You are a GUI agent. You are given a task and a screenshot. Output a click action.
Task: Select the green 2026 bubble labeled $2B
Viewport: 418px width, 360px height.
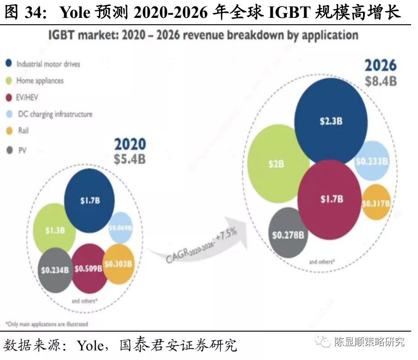[278, 164]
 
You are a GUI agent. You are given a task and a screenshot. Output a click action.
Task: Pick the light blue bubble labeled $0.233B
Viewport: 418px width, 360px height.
[372, 161]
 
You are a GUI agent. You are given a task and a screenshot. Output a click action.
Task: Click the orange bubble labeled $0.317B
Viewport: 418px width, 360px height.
[376, 203]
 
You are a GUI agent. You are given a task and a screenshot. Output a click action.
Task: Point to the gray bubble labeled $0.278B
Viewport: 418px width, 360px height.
[288, 235]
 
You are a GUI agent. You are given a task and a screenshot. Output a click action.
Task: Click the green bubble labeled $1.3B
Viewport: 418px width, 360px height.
[54, 230]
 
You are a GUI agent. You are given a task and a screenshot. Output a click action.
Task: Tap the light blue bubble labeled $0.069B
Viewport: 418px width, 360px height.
[121, 228]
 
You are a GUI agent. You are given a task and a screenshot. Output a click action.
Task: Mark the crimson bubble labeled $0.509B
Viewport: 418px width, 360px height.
[88, 268]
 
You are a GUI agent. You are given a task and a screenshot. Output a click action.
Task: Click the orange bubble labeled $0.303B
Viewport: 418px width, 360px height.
[118, 264]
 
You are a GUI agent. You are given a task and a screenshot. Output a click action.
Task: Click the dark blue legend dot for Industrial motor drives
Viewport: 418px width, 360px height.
[9, 64]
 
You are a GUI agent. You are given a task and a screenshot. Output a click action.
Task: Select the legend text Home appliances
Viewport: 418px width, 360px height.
[40, 81]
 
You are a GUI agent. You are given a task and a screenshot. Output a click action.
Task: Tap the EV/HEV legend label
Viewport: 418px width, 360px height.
[28, 97]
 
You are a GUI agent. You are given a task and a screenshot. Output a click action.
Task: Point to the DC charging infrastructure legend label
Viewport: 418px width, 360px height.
[55, 114]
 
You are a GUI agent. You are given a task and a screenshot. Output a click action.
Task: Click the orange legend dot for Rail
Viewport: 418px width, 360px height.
[9, 131]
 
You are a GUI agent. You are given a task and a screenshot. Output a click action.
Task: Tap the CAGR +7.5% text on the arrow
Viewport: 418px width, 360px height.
[202, 245]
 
